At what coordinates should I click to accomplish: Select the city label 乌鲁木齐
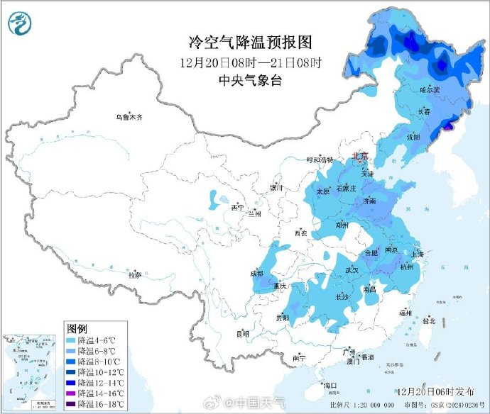129,118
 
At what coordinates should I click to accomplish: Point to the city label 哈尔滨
430,90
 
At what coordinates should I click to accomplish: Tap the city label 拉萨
134,274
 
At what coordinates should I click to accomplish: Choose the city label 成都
256,274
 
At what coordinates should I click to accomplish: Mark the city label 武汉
353,270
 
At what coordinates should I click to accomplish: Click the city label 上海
417,254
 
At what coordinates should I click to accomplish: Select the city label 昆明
243,333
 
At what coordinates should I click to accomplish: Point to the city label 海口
330,386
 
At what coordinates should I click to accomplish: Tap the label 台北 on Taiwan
429,320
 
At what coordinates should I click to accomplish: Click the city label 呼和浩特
319,160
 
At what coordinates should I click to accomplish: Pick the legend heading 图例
76,329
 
